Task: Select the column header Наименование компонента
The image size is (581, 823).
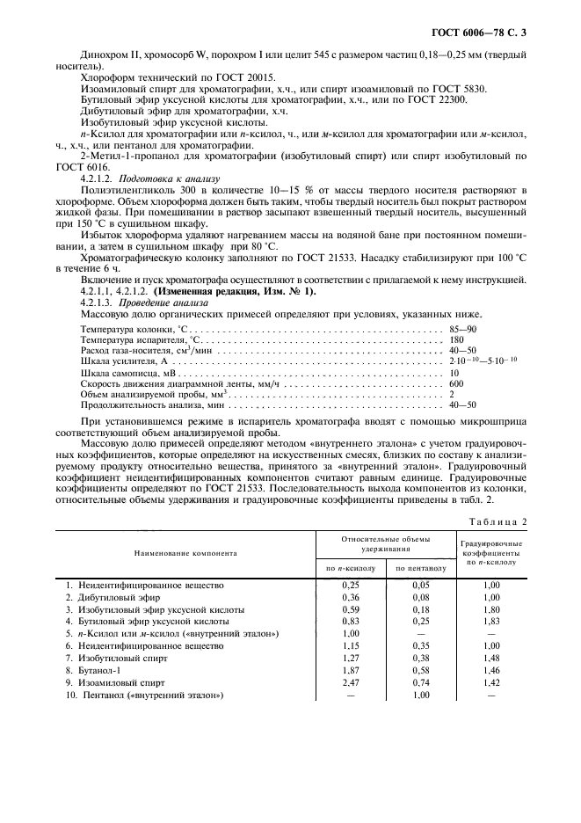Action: click(x=185, y=555)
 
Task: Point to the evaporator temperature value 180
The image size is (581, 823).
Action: click(x=455, y=339)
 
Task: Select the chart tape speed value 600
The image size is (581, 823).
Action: click(x=455, y=383)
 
